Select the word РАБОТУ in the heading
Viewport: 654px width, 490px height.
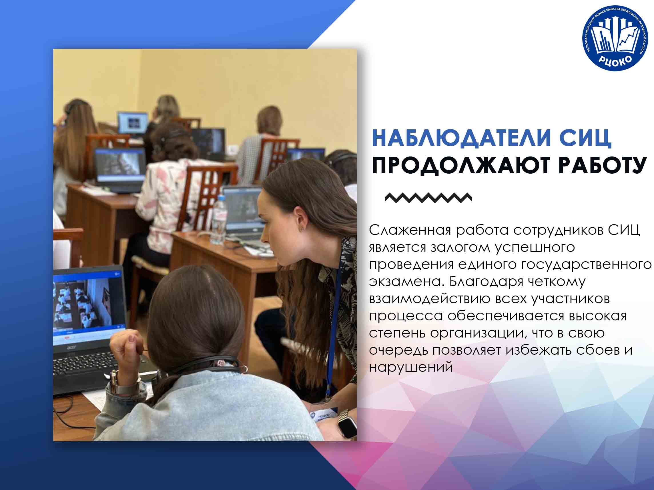pyautogui.click(x=602, y=165)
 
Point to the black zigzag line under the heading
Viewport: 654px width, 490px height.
pyautogui.click(x=428, y=198)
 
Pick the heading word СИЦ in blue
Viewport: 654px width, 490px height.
pyautogui.click(x=581, y=138)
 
